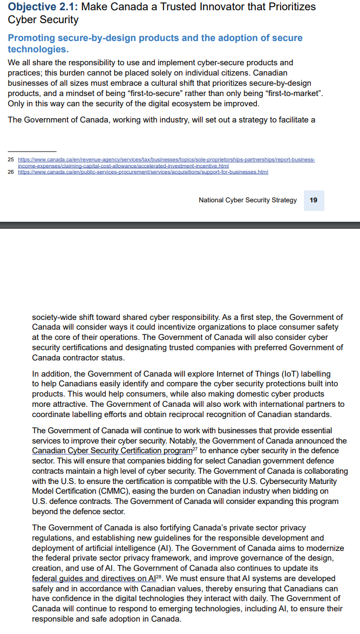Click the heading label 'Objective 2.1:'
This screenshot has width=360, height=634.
coord(43,7)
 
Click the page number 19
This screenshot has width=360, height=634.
coord(314,200)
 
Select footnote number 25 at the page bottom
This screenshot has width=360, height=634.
coord(10,160)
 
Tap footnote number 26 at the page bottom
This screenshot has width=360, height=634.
coord(10,172)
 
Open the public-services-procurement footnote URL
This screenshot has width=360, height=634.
coord(143,172)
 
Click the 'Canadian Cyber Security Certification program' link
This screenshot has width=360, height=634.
coord(112,451)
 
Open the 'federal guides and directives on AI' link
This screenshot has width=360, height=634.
coord(93,578)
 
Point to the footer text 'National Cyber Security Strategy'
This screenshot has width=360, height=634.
coord(248,200)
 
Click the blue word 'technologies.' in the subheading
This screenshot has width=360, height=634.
coord(38,49)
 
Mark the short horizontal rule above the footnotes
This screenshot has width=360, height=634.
coord(32,151)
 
